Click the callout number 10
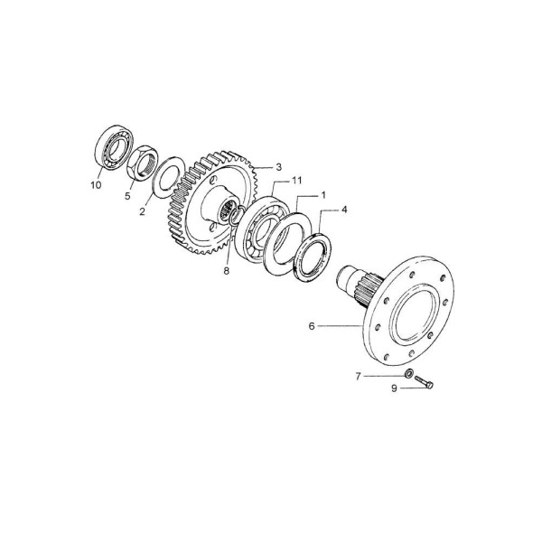click(96, 185)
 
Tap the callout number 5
click(128, 196)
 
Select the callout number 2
click(143, 211)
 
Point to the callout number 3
click(278, 167)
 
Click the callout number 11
click(297, 181)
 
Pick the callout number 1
click(323, 195)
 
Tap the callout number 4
click(344, 210)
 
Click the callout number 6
click(312, 326)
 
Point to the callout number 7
click(358, 376)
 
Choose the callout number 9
click(395, 388)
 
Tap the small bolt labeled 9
click(424, 382)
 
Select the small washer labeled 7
click(409, 373)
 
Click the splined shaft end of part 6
click(360, 282)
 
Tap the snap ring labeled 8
click(234, 215)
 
